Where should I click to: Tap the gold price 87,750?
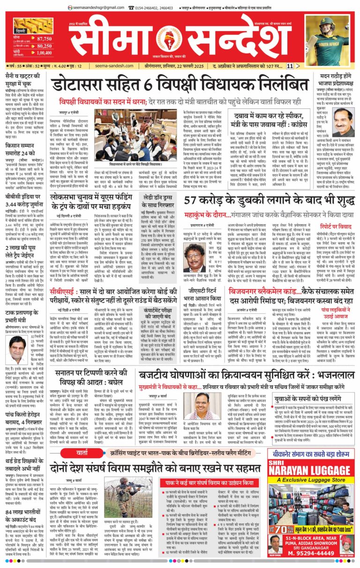pyautogui.click(x=44, y=38)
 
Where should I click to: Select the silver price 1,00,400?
pyautogui.click(x=44, y=54)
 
